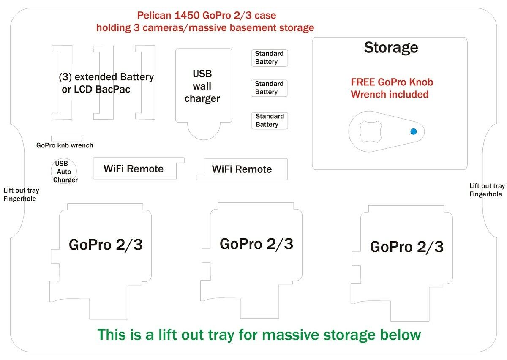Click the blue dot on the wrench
(x=414, y=131)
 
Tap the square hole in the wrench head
(x=371, y=131)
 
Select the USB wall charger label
(x=202, y=86)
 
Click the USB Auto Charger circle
(x=64, y=172)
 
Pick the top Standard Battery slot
(x=270, y=58)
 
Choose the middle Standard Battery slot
(x=270, y=88)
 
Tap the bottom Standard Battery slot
(x=270, y=120)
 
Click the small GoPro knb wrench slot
(x=66, y=138)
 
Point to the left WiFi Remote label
(x=134, y=169)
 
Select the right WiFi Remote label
(x=242, y=169)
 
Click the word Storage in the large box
(x=391, y=47)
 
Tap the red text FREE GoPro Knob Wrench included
(x=392, y=88)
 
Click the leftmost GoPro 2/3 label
(x=106, y=245)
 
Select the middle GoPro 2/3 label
(x=256, y=244)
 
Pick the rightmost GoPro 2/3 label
(x=406, y=247)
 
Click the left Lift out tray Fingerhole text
(x=21, y=194)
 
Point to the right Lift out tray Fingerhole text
(x=487, y=190)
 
